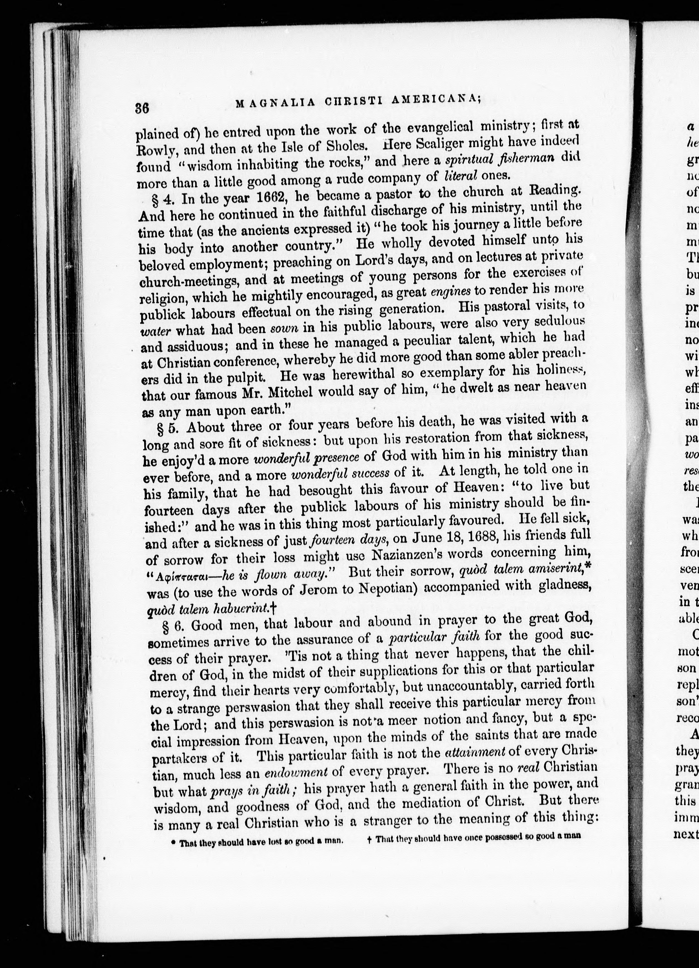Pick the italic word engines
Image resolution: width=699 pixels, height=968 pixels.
(451, 291)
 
